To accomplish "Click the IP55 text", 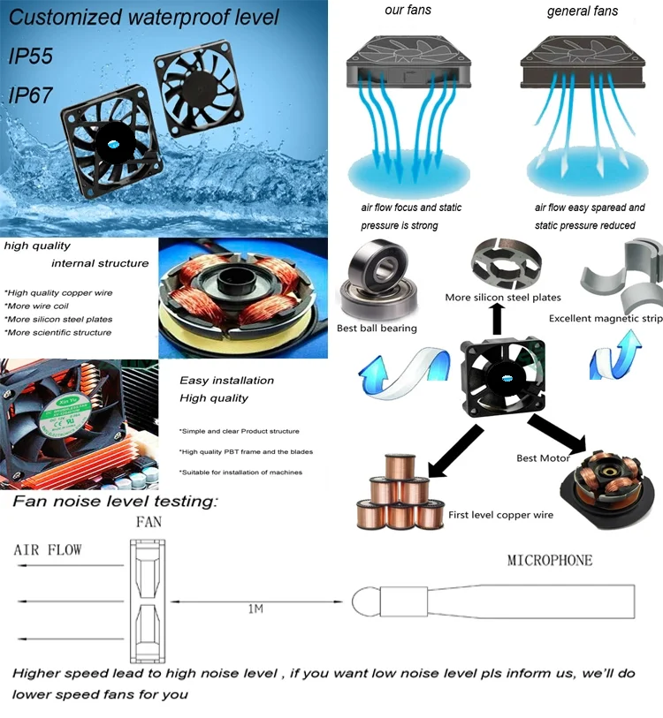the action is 31,56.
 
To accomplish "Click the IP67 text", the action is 31,95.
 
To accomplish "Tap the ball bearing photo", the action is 378,279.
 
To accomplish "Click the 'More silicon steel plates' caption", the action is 503,298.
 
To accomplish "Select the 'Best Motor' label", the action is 543,457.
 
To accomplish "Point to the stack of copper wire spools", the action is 400,492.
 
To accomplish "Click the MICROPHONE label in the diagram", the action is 550,560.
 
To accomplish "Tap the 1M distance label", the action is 255,608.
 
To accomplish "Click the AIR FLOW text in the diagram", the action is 48,549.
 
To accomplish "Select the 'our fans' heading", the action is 408,10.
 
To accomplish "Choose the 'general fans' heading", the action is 583,11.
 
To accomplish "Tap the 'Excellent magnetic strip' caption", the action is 606,318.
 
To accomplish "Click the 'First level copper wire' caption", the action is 500,515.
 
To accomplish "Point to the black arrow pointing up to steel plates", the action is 498,319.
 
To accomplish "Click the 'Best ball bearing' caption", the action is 377,328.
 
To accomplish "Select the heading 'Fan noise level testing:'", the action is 115,501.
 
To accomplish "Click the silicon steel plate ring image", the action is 507,263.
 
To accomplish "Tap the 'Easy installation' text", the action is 227,380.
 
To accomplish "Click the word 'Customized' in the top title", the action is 65,18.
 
